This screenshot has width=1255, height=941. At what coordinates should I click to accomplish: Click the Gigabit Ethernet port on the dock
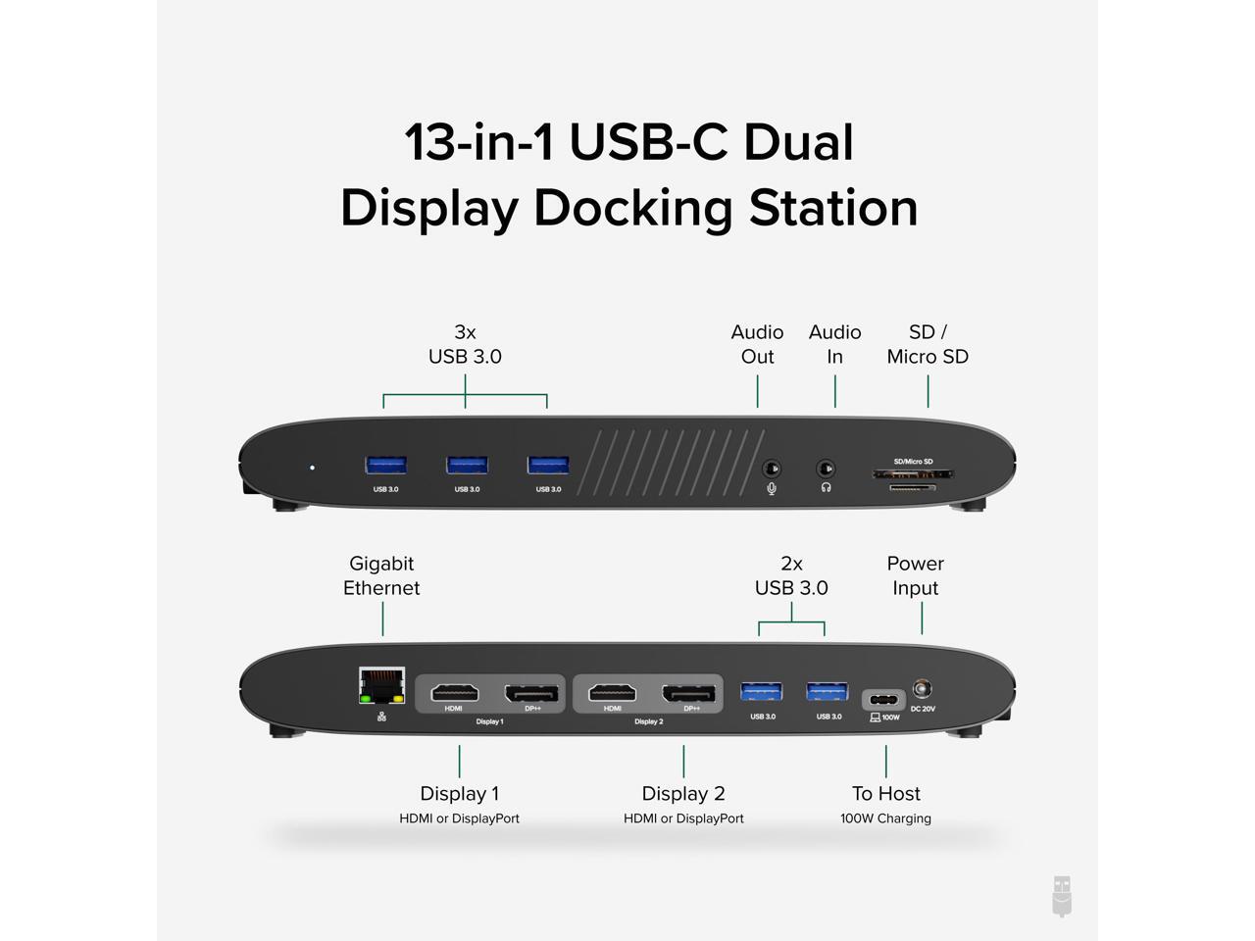click(382, 685)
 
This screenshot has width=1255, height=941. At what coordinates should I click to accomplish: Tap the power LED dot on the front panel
click(312, 468)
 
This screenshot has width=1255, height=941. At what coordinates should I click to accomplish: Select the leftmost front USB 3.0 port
click(385, 465)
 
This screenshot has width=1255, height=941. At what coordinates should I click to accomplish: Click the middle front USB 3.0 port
click(467, 465)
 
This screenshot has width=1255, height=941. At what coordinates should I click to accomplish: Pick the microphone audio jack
click(772, 469)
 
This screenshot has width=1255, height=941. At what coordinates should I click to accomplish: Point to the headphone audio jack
click(827, 469)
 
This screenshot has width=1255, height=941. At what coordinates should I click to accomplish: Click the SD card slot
click(912, 474)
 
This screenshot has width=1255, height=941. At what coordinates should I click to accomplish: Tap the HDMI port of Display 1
click(454, 693)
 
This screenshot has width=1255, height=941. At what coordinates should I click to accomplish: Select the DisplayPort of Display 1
click(532, 693)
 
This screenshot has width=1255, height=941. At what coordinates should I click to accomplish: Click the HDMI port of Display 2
click(612, 693)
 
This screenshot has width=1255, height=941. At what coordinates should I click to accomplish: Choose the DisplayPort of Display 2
click(690, 693)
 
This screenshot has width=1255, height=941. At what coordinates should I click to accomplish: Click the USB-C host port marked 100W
click(884, 700)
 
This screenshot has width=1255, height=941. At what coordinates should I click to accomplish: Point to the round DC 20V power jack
click(922, 689)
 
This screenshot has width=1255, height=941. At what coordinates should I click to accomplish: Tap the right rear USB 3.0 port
click(828, 692)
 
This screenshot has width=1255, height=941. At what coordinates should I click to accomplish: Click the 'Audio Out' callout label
click(757, 344)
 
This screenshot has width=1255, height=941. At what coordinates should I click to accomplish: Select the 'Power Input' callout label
click(915, 575)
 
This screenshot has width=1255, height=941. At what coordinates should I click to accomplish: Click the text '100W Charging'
click(885, 818)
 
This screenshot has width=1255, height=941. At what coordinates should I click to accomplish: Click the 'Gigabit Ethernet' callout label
click(381, 575)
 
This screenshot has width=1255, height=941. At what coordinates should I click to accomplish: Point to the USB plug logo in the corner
click(1062, 896)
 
